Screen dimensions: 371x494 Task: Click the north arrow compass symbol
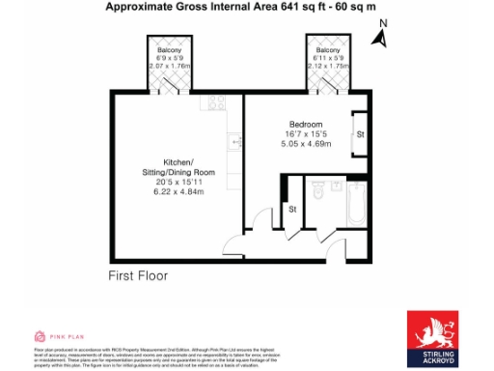383,36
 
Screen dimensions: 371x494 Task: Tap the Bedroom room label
306,123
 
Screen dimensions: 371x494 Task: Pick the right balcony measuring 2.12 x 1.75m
329,61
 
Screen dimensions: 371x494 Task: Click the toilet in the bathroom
319,196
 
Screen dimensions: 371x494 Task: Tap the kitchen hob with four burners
215,102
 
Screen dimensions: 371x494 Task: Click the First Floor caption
138,275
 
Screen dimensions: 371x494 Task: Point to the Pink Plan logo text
60,336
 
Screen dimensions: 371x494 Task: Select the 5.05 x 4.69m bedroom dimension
305,144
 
